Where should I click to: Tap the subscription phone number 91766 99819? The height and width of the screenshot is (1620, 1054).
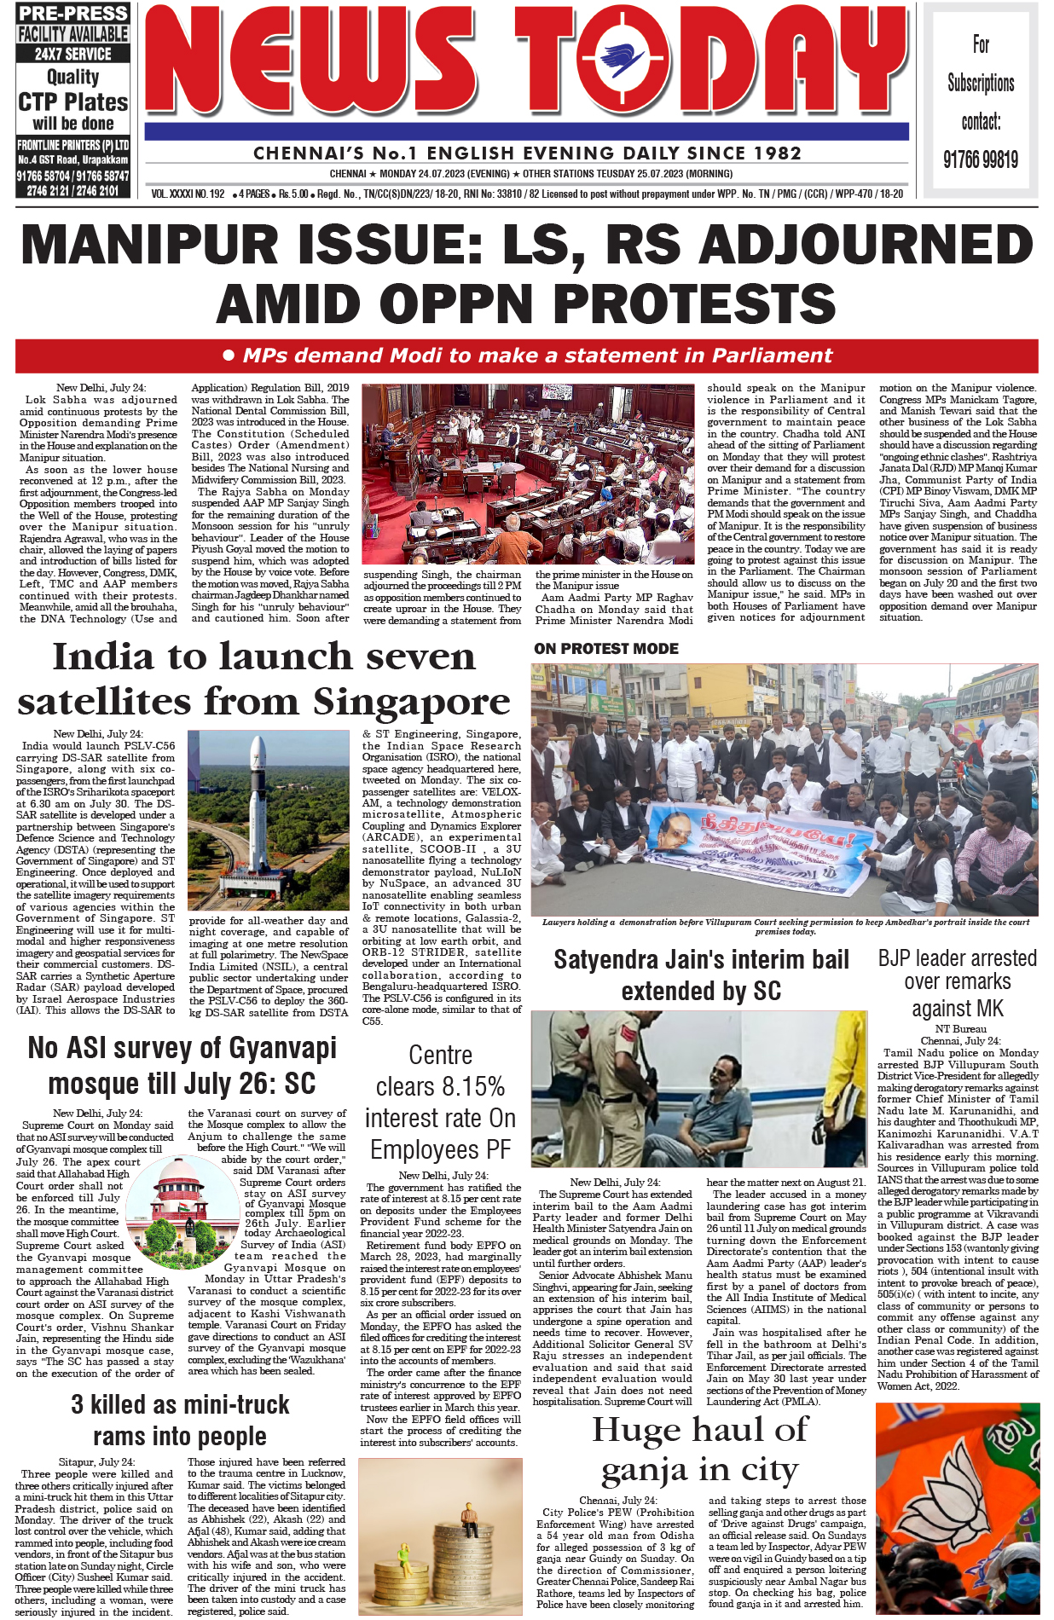[x=980, y=159]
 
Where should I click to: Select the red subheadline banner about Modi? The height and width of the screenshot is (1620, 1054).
[x=526, y=356]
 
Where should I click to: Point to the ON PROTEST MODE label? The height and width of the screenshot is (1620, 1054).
[x=606, y=649]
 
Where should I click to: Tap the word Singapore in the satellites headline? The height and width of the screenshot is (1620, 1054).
[x=412, y=703]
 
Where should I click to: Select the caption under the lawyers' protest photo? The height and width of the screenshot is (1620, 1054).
[x=785, y=927]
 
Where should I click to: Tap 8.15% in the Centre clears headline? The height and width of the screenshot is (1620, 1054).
[x=471, y=1087]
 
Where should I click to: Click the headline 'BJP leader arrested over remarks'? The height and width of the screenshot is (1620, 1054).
[x=957, y=982]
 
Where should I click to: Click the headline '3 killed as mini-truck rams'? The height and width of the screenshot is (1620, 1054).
[x=180, y=1420]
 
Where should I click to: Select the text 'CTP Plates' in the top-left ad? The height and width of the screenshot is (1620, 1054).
[x=73, y=102]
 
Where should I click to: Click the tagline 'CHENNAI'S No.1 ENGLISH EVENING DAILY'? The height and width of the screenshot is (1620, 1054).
[x=527, y=153]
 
